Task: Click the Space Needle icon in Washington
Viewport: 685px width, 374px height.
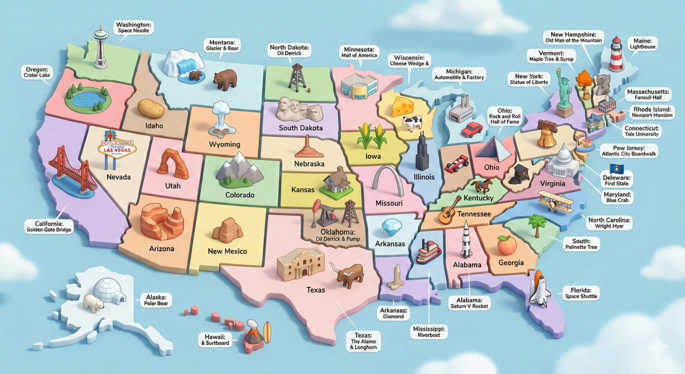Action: [x=100, y=49]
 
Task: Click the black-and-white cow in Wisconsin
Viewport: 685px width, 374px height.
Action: [x=412, y=122]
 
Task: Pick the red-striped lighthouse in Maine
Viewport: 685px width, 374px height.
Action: [x=615, y=54]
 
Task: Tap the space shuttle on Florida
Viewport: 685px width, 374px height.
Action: [x=539, y=288]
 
